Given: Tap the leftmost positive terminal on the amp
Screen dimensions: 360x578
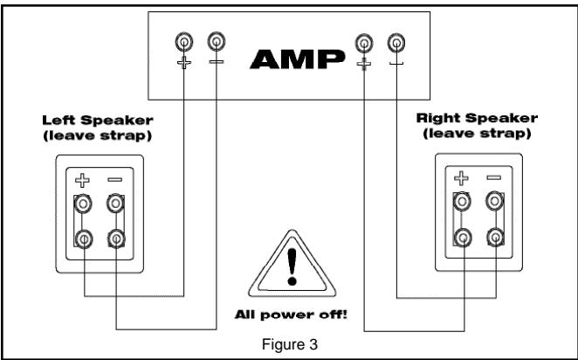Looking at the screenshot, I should [x=184, y=41].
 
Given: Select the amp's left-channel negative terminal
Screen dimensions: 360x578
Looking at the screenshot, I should [x=215, y=41].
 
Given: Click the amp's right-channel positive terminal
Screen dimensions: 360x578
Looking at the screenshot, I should [x=364, y=41].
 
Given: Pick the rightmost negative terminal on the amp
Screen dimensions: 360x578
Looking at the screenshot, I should [x=396, y=41].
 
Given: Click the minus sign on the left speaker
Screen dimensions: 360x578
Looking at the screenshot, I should [x=114, y=180].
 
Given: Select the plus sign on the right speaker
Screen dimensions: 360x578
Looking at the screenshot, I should [x=462, y=177].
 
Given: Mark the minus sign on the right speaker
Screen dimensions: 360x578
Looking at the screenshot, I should [x=493, y=177].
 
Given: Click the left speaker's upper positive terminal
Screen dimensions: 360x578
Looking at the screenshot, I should [x=85, y=204].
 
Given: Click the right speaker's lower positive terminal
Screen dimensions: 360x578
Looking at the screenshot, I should [x=462, y=236].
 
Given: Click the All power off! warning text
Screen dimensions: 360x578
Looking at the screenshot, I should [x=290, y=313].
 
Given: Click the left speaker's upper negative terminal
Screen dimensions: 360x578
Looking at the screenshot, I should [x=114, y=204].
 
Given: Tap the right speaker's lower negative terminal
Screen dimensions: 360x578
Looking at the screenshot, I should [x=493, y=236].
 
